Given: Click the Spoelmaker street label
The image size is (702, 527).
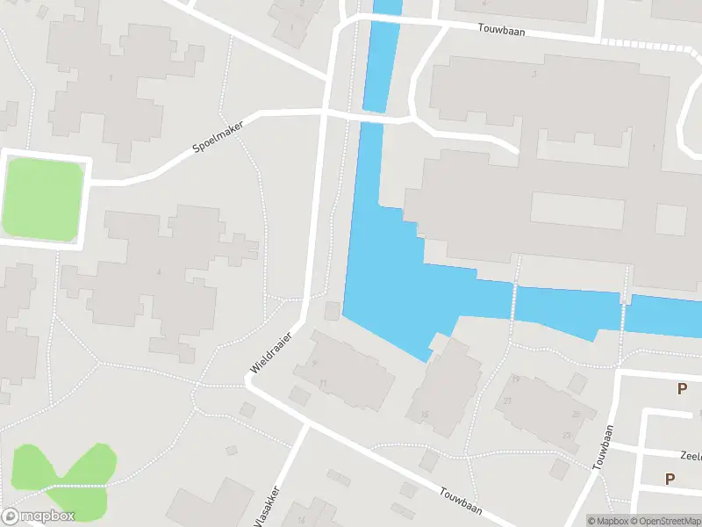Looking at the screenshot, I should point(218,138).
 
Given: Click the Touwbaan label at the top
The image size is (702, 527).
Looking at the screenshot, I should point(502,28).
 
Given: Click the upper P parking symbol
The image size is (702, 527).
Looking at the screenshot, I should point(682,389).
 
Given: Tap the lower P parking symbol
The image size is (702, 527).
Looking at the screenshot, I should point(670,479).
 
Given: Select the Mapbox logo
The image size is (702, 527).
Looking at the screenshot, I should point(38,516).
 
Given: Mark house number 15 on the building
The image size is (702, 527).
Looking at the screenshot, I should point(424,415).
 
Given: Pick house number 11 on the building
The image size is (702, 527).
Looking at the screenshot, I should point(323,383).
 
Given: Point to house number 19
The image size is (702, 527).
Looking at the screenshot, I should point(515,379).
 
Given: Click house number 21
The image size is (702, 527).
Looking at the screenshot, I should point(508,401).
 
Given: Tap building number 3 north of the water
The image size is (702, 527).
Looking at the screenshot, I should point(534,74).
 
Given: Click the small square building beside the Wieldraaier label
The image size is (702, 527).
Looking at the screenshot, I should point(332,311).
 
